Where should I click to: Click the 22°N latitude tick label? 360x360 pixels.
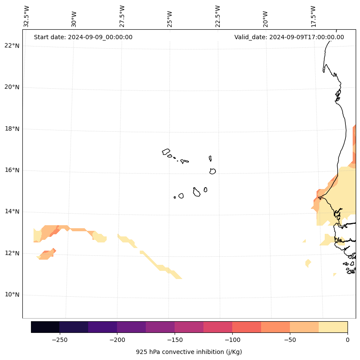click(12, 46)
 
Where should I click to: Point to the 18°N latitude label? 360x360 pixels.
click(12, 129)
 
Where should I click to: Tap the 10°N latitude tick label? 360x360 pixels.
click(12, 295)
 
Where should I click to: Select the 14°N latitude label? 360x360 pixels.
click(12, 212)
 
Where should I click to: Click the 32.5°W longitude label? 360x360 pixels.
click(27, 16)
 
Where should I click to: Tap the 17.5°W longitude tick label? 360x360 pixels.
click(314, 16)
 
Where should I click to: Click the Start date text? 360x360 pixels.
click(83, 37)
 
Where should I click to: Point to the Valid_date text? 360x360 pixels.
click(289, 37)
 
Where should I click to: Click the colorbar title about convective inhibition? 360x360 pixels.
click(189, 352)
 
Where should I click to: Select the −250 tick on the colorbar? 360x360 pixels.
click(59, 339)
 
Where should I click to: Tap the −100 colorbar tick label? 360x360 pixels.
click(232, 339)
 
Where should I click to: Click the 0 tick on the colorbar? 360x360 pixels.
click(347, 339)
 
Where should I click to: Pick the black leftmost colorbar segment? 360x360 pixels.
click(45, 327)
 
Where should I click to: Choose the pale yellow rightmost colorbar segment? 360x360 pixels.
click(333, 327)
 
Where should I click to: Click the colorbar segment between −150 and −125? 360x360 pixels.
click(189, 327)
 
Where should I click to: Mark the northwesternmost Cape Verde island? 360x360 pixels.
click(166, 152)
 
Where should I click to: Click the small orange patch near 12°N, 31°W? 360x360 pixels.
click(47, 254)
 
